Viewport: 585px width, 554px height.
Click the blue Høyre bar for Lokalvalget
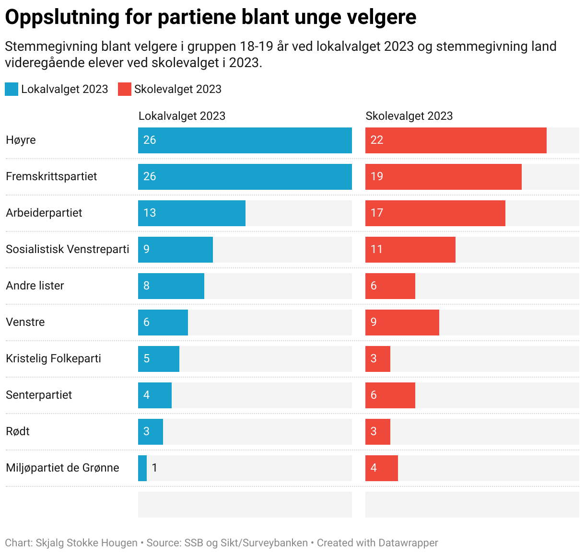pyautogui.click(x=245, y=140)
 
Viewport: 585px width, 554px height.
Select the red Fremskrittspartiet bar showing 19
pyautogui.click(x=443, y=177)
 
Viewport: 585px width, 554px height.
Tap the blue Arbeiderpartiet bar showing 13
pyautogui.click(x=192, y=213)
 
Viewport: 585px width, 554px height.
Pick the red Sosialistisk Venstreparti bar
pyautogui.click(x=410, y=250)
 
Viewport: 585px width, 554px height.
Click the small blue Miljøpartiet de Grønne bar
pyautogui.click(x=142, y=468)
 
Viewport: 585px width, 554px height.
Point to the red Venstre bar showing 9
pyautogui.click(x=402, y=323)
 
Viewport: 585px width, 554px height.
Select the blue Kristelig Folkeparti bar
pyautogui.click(x=159, y=359)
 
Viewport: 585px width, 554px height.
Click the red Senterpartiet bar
pyautogui.click(x=390, y=395)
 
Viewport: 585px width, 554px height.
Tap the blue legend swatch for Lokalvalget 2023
pyautogui.click(x=12, y=89)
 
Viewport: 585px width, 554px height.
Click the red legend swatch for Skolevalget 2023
pyautogui.click(x=125, y=89)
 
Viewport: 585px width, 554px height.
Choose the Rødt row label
pyautogui.click(x=18, y=431)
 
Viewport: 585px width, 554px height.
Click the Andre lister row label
pyautogui.click(x=35, y=286)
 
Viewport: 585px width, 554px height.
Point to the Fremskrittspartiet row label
pyautogui.click(x=51, y=176)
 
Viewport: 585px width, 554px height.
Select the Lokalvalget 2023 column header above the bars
pyautogui.click(x=182, y=116)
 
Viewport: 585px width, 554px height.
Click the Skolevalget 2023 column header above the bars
pyautogui.click(x=409, y=116)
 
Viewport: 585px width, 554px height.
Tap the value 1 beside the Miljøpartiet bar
pyautogui.click(x=154, y=468)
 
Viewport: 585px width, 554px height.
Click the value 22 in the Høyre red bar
pyautogui.click(x=377, y=140)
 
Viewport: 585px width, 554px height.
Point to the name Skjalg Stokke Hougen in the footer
pyautogui.click(x=86, y=543)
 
